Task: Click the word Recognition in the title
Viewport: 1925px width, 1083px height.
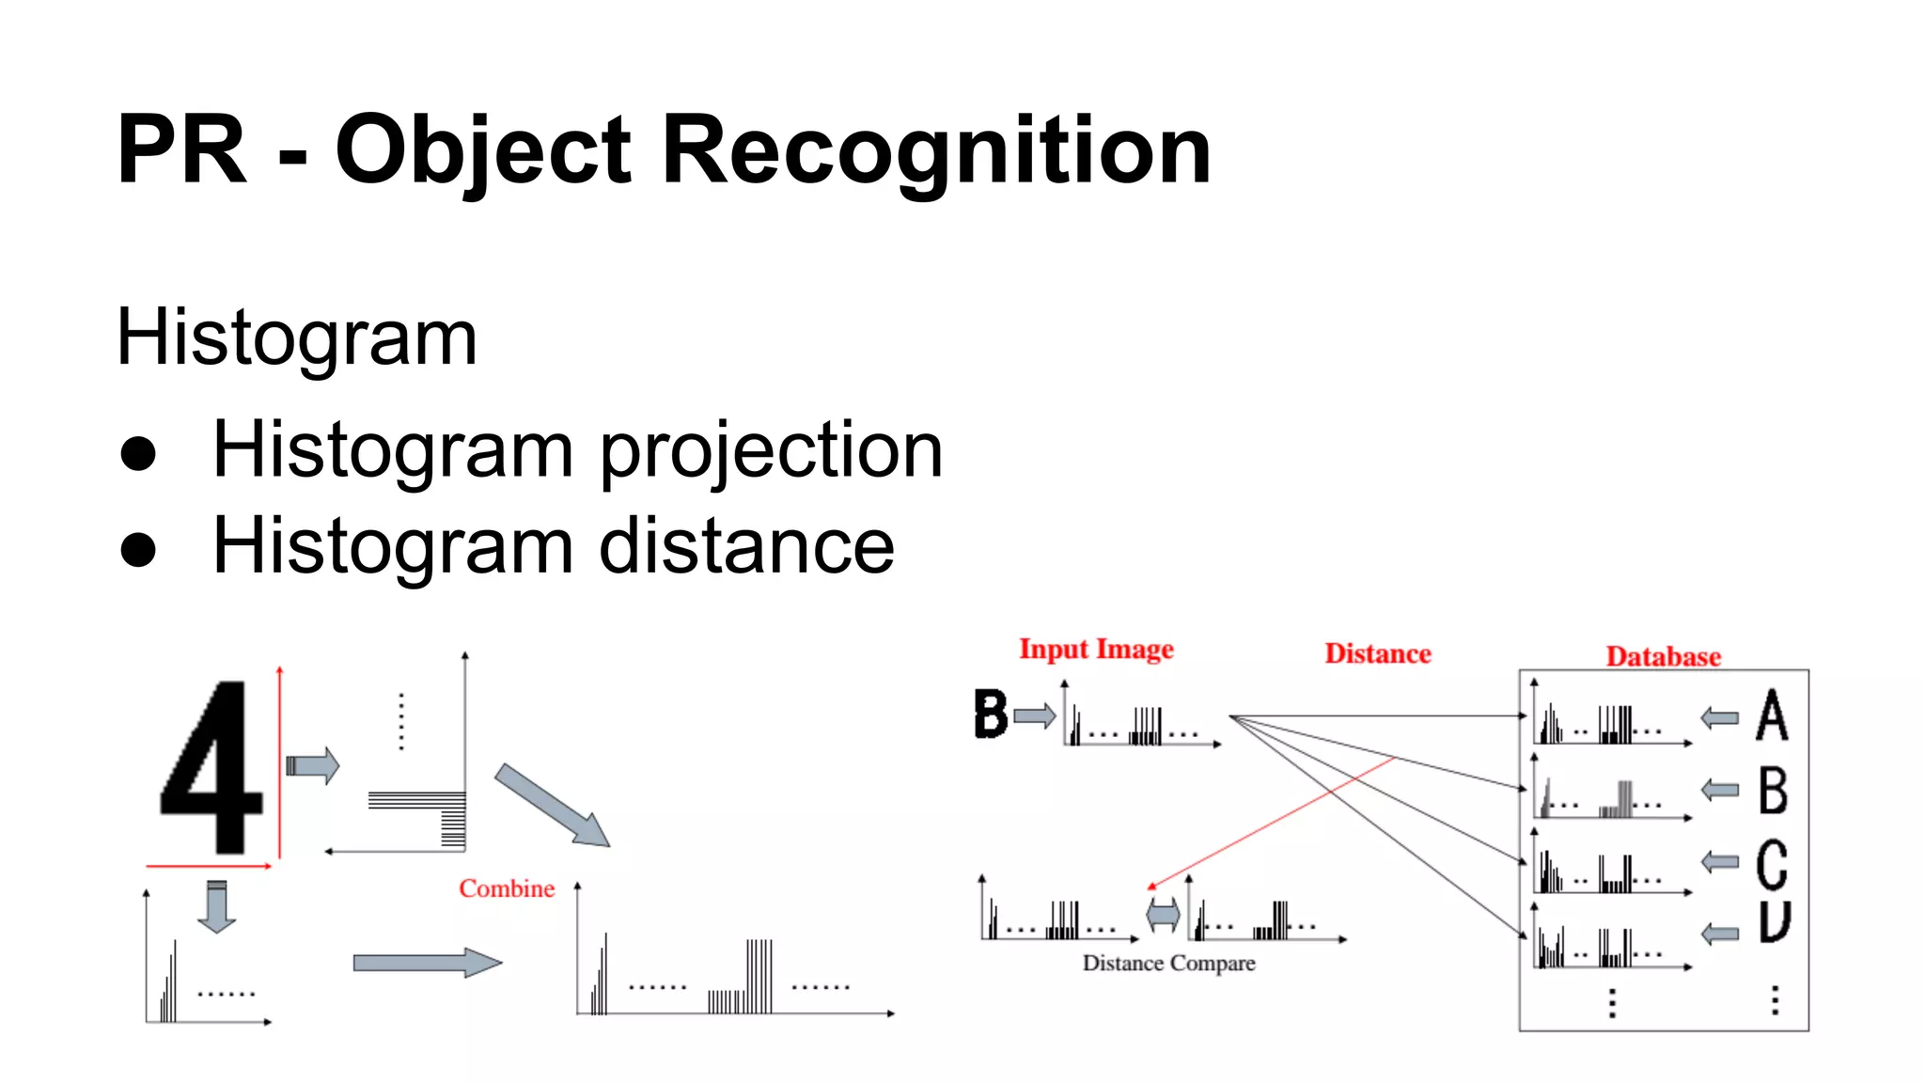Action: [936, 150]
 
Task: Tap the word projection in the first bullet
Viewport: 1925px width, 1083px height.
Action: [771, 451]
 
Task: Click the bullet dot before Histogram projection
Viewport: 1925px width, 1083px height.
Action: [138, 453]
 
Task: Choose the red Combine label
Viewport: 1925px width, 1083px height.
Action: [507, 888]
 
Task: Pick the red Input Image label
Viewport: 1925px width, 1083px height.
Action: [1096, 650]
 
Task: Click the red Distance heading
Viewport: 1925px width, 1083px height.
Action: [1378, 653]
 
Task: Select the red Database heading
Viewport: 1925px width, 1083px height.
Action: [1663, 656]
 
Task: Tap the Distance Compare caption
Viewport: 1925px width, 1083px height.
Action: [1168, 964]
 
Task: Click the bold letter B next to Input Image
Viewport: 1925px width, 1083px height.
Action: [991, 714]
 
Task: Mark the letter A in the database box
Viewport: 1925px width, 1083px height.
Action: [1772, 715]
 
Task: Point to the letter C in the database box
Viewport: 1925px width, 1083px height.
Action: [1772, 864]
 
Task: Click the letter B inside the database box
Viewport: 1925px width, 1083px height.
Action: [1773, 790]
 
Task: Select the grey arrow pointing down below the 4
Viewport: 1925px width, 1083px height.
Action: [217, 906]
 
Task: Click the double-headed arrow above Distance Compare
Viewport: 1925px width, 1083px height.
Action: [1163, 914]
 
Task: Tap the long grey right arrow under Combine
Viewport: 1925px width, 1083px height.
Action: [427, 963]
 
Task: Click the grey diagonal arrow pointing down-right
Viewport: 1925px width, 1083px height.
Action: [553, 806]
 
